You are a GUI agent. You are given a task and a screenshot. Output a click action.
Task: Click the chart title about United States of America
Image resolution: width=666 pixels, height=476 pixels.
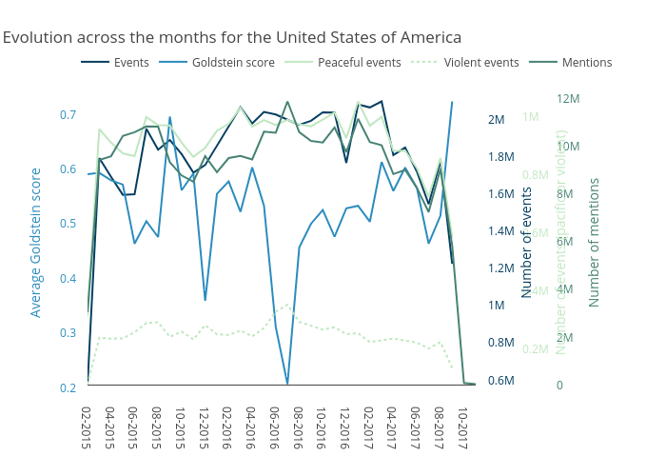coord(231,37)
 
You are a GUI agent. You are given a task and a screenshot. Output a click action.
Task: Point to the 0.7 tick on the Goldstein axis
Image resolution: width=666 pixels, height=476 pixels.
coord(68,115)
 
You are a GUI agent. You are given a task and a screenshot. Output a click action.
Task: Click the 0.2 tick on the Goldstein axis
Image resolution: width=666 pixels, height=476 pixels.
coord(68,387)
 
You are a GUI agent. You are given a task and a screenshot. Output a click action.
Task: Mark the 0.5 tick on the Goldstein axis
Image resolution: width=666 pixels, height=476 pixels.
coord(68,224)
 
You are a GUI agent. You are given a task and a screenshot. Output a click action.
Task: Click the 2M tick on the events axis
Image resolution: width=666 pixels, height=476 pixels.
coord(496,120)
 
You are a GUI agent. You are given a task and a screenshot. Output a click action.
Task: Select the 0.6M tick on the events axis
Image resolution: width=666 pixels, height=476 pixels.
coord(501,381)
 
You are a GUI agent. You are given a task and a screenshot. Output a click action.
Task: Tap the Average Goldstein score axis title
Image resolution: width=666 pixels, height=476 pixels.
coord(36,243)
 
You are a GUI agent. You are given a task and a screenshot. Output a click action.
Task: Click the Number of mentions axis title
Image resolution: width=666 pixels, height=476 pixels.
coord(594,243)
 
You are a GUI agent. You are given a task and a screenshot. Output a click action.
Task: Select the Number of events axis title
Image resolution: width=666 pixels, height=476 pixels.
coord(526,243)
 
